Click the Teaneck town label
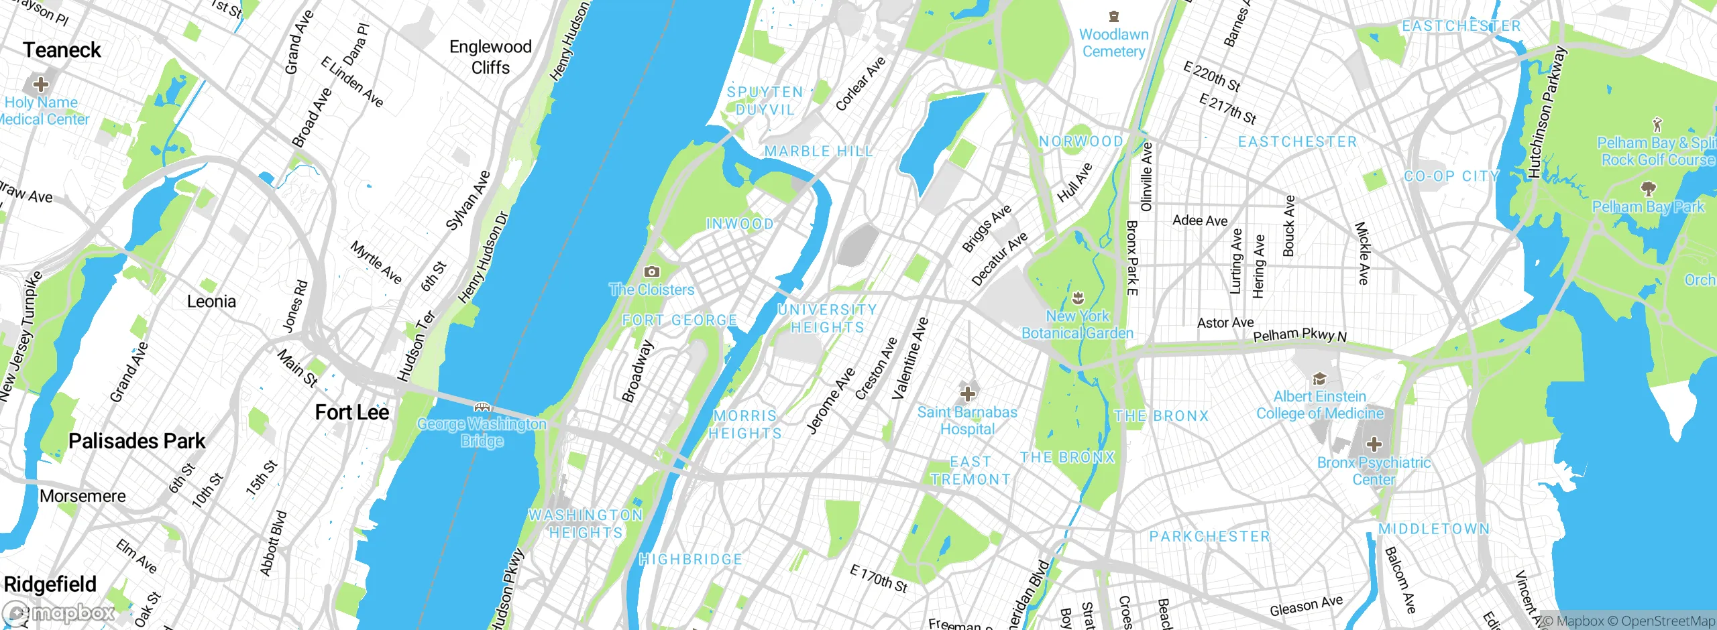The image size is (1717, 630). click(x=62, y=50)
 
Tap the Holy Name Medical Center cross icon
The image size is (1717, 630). click(x=40, y=84)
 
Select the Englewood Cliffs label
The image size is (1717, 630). click(x=490, y=57)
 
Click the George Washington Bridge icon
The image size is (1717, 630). click(x=482, y=407)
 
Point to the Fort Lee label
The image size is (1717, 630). click(x=352, y=412)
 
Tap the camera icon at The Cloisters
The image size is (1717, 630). click(x=651, y=271)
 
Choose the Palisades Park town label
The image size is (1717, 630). click(x=137, y=441)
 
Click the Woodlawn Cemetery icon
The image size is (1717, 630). click(x=1113, y=17)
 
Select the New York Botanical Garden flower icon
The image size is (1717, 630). click(x=1078, y=297)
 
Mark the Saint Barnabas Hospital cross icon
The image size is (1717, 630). click(x=967, y=393)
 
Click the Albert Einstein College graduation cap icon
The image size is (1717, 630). click(x=1319, y=379)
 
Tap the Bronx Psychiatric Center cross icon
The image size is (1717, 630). click(x=1374, y=444)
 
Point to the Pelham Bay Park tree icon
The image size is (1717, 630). click(x=1648, y=188)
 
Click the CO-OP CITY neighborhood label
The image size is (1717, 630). click(x=1451, y=176)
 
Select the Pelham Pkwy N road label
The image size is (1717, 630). click(x=1299, y=334)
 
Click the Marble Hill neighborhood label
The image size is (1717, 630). click(x=819, y=151)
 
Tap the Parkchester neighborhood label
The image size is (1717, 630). click(x=1209, y=536)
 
